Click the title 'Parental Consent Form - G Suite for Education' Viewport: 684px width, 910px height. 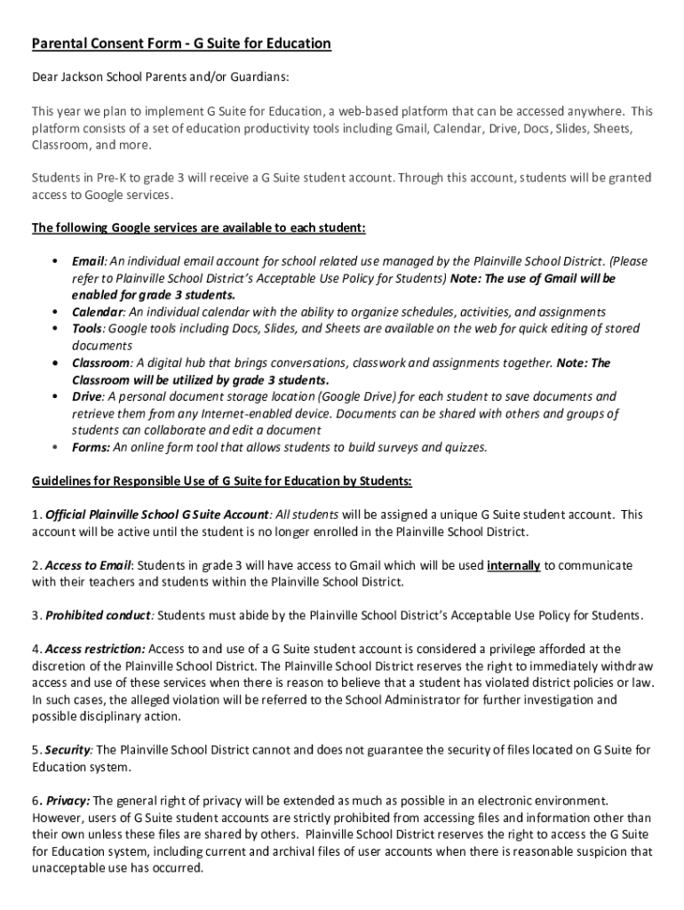(x=181, y=44)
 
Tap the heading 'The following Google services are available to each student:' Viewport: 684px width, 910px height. (x=198, y=227)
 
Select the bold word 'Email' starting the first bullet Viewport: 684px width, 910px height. (x=89, y=261)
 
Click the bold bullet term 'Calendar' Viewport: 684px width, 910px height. (x=97, y=312)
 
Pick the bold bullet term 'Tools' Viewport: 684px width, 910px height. (x=87, y=329)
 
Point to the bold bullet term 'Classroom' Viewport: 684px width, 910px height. (x=101, y=363)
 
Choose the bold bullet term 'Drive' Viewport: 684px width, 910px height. (x=87, y=396)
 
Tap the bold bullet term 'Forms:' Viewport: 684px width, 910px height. (x=91, y=447)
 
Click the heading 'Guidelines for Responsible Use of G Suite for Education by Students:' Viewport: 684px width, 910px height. (x=222, y=481)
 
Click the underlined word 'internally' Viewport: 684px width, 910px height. (x=513, y=565)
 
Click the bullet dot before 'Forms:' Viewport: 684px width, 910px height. (x=55, y=447)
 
